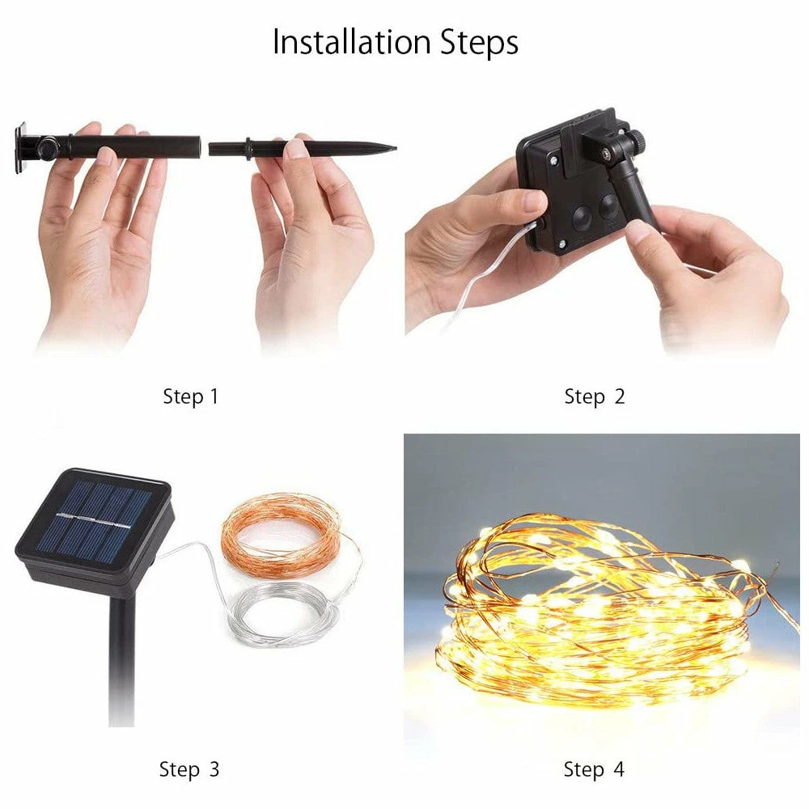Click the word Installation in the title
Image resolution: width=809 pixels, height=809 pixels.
coord(351,42)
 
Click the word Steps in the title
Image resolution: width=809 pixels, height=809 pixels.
coord(479,43)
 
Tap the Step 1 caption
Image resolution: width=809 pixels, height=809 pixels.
coord(191,396)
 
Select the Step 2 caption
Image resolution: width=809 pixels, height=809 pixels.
coord(595,396)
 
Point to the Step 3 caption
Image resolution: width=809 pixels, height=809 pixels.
coord(189,769)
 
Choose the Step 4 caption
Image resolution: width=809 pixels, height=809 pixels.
coord(594,769)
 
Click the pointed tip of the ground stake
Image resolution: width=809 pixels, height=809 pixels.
coord(396,148)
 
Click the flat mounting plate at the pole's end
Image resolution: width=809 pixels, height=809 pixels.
coord(21,148)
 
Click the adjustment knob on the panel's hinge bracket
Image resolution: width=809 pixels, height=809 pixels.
coord(637,139)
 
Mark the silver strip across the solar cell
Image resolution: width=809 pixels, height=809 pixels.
coord(93,520)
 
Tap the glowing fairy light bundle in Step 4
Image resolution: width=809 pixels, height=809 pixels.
coord(599,612)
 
